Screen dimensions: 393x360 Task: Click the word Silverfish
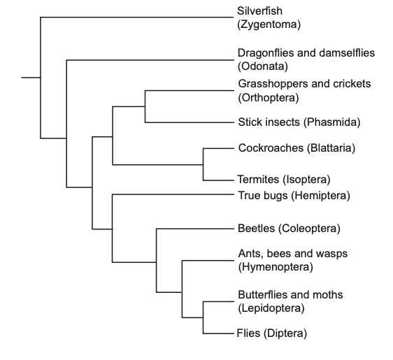tap(259, 11)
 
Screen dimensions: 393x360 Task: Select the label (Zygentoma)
tap(269, 24)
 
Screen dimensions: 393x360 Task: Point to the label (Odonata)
tap(263, 66)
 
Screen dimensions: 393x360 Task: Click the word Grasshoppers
tap(273, 84)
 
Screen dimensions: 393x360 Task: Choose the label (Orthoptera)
tap(269, 98)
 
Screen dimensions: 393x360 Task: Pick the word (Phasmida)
tap(332, 122)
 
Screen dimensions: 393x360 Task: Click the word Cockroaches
tap(271, 148)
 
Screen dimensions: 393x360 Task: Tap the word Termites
tap(258, 180)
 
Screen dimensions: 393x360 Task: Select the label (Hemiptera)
tap(320, 196)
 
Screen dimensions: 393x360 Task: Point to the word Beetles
tap(256, 229)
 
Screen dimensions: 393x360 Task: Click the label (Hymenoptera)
tap(276, 267)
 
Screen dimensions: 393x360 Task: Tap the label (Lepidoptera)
tap(271, 308)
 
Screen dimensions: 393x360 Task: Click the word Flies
tap(248, 333)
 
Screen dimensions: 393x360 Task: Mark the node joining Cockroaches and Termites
tap(203, 164)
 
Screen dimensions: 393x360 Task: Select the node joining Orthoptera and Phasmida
tap(145, 106)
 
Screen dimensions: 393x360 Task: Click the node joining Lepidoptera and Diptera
tap(203, 317)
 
